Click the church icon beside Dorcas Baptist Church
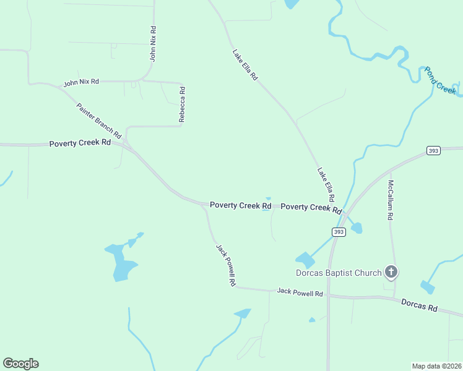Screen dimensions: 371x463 coord(391,271)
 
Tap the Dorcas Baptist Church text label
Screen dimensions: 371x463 coord(338,272)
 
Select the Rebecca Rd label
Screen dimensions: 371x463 coord(182,104)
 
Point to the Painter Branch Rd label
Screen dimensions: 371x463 coord(98,119)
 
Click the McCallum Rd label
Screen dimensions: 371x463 coord(391,200)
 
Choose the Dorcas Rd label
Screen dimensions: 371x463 coord(419,305)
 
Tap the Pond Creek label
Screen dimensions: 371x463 coord(439,80)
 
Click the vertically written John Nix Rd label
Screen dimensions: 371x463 coord(153,43)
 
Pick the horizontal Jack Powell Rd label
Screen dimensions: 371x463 coord(300,292)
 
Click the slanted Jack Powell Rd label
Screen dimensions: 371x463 coord(226,265)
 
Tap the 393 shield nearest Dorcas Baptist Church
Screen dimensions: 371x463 coord(338,232)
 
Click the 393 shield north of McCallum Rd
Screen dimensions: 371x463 coord(433,151)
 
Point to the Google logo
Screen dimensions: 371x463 coord(20,364)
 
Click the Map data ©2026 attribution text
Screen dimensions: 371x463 coord(436,365)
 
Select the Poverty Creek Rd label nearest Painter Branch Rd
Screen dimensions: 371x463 coord(80,143)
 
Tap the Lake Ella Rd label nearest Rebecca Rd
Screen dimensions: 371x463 coord(244,64)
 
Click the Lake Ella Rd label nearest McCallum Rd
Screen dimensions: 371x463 coord(326,184)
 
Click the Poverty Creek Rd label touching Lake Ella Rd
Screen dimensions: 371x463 coord(311,208)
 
